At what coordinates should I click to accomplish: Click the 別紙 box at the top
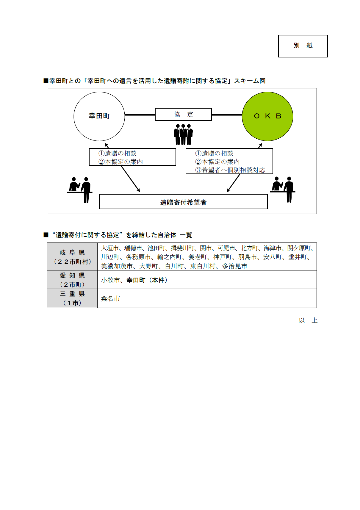click(303, 46)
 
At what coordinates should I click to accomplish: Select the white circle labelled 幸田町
click(99, 116)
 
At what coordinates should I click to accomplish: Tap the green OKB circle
click(267, 116)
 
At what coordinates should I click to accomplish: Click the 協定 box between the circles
click(183, 115)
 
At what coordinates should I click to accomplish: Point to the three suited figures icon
click(183, 134)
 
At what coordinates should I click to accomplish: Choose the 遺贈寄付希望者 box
click(183, 202)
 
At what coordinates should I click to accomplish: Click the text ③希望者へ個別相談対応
click(230, 170)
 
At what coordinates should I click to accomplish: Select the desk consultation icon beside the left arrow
click(80, 190)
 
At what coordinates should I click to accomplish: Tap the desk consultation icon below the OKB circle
click(283, 189)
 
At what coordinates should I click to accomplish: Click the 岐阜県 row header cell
click(72, 257)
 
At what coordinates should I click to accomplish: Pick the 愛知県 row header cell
click(72, 280)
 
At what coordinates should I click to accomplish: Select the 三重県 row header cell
click(72, 298)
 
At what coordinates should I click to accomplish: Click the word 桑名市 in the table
click(110, 298)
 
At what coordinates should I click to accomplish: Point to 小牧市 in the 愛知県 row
click(110, 280)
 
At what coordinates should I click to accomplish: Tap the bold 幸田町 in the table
click(136, 280)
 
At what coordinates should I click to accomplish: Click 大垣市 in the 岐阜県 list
click(110, 248)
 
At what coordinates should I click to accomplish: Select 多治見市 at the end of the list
click(235, 266)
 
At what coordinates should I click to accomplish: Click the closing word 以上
click(308, 320)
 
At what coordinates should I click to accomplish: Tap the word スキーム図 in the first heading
click(250, 81)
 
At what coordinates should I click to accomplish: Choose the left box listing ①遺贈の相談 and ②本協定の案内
click(132, 157)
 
